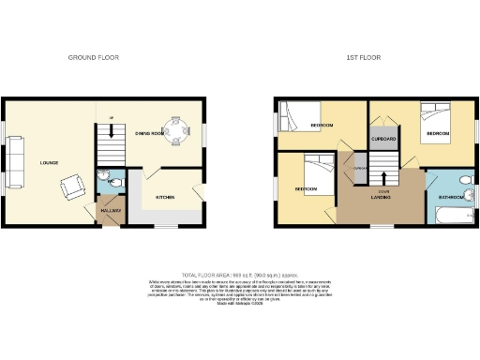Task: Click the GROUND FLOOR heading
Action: point(94,58)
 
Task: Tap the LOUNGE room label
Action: point(49,162)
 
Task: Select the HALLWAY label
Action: point(111,210)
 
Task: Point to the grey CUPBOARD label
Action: point(383,139)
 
